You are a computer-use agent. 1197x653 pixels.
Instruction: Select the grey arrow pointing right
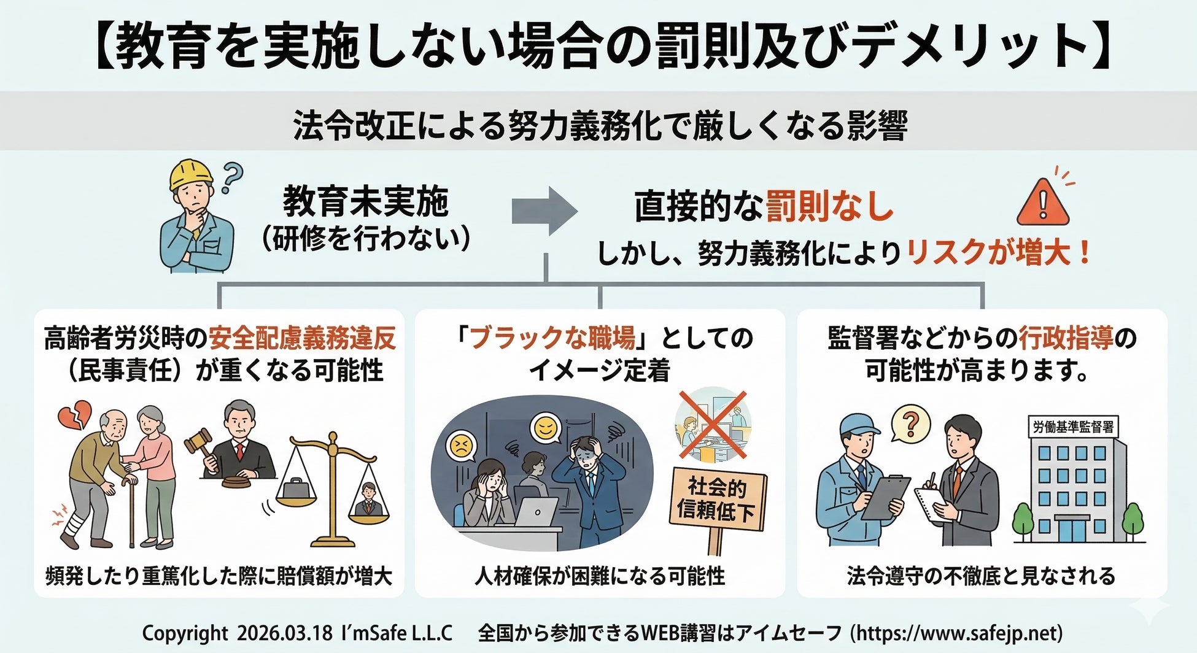(x=544, y=211)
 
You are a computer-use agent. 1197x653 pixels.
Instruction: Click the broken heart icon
(x=74, y=415)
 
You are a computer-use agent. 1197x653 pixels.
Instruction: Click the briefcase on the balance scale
(x=295, y=491)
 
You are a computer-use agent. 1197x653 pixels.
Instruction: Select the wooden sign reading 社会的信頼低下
(x=716, y=498)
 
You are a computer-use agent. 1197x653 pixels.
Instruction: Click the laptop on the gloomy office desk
(x=535, y=512)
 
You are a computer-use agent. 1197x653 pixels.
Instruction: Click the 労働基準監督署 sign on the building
(x=1072, y=427)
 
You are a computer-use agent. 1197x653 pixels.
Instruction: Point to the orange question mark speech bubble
(x=911, y=423)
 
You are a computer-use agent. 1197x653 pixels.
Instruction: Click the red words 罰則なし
(x=829, y=206)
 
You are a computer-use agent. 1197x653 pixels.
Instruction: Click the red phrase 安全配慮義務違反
(x=302, y=338)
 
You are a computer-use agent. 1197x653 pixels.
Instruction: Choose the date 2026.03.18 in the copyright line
(x=284, y=633)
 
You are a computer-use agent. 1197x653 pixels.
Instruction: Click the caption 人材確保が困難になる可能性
(x=600, y=576)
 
